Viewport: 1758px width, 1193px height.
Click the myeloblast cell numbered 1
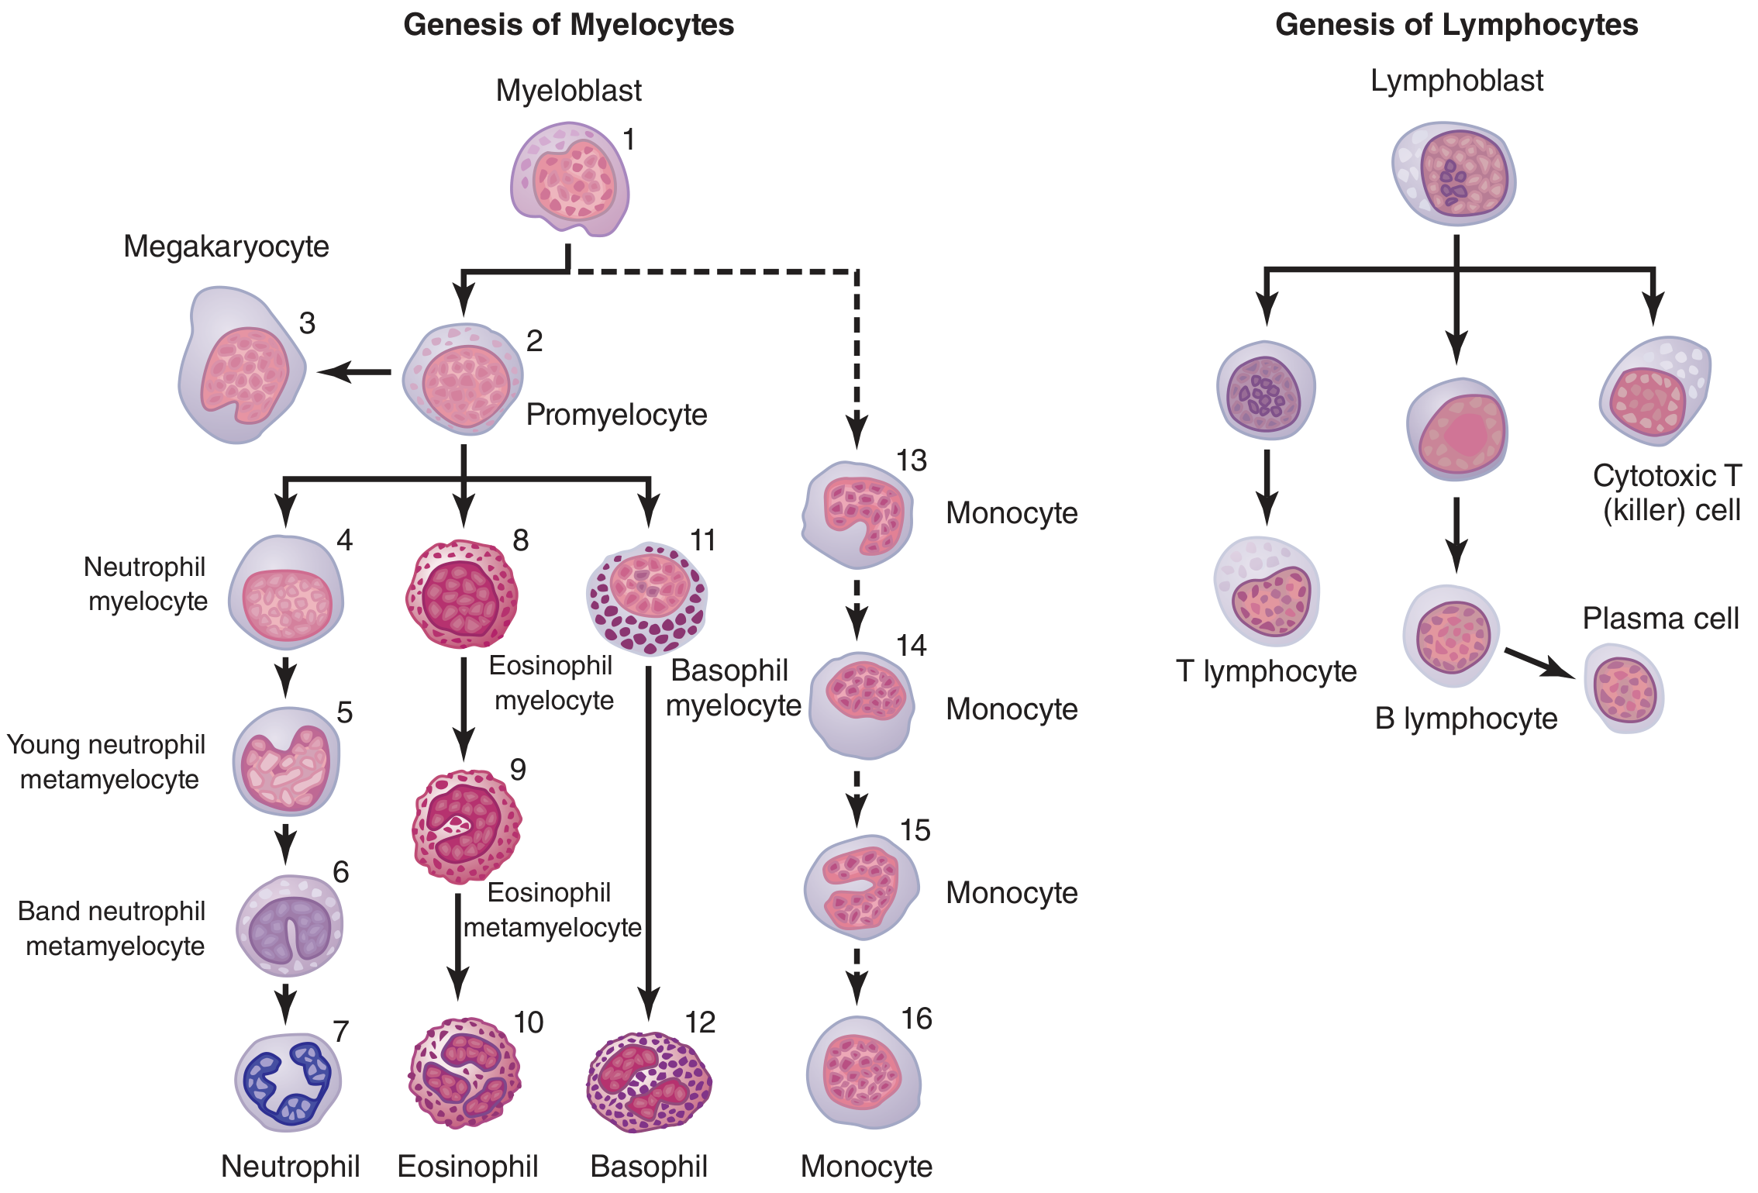[570, 178]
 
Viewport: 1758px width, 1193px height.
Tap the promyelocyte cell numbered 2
[464, 378]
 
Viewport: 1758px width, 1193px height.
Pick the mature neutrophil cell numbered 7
[288, 1081]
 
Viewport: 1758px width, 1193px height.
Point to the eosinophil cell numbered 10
[464, 1074]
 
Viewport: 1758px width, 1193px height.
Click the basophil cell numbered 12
[649, 1081]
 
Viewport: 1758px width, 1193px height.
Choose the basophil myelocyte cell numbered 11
[647, 598]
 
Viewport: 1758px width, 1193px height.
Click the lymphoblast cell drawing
[1454, 174]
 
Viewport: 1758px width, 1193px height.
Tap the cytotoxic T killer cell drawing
[1655, 391]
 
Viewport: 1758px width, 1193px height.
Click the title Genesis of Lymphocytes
[1456, 25]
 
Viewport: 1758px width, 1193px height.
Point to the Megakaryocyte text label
[226, 247]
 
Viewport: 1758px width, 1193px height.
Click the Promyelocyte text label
[616, 415]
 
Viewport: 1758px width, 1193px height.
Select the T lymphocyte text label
[1266, 671]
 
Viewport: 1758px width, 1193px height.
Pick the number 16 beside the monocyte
[916, 1019]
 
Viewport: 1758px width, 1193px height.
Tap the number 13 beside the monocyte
[912, 460]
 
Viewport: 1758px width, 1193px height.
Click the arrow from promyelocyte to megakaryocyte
[354, 372]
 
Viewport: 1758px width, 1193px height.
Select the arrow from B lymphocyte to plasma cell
[1539, 663]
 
